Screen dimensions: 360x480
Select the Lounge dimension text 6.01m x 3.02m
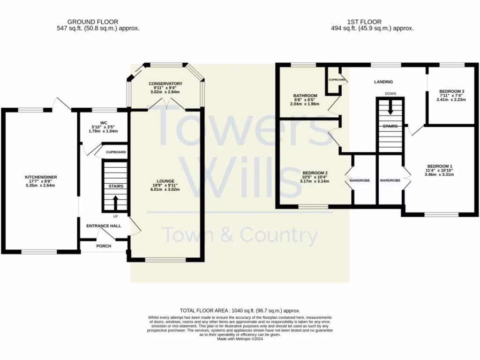coord(166,190)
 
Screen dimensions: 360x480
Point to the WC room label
coord(103,124)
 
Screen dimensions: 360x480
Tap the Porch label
coord(104,246)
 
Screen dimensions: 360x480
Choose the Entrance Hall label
coord(104,226)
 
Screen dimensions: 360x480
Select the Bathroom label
coord(305,96)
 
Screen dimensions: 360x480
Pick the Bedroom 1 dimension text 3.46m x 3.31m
coord(439,174)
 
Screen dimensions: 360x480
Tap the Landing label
coord(383,82)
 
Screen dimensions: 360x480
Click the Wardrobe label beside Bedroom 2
coord(360,180)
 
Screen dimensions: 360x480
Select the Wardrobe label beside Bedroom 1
coord(390,180)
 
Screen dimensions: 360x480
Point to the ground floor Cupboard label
coord(115,153)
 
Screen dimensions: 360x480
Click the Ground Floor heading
coord(92,22)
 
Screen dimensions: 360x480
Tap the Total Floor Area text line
coord(240,311)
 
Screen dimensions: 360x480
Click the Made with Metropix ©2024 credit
coord(240,339)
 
